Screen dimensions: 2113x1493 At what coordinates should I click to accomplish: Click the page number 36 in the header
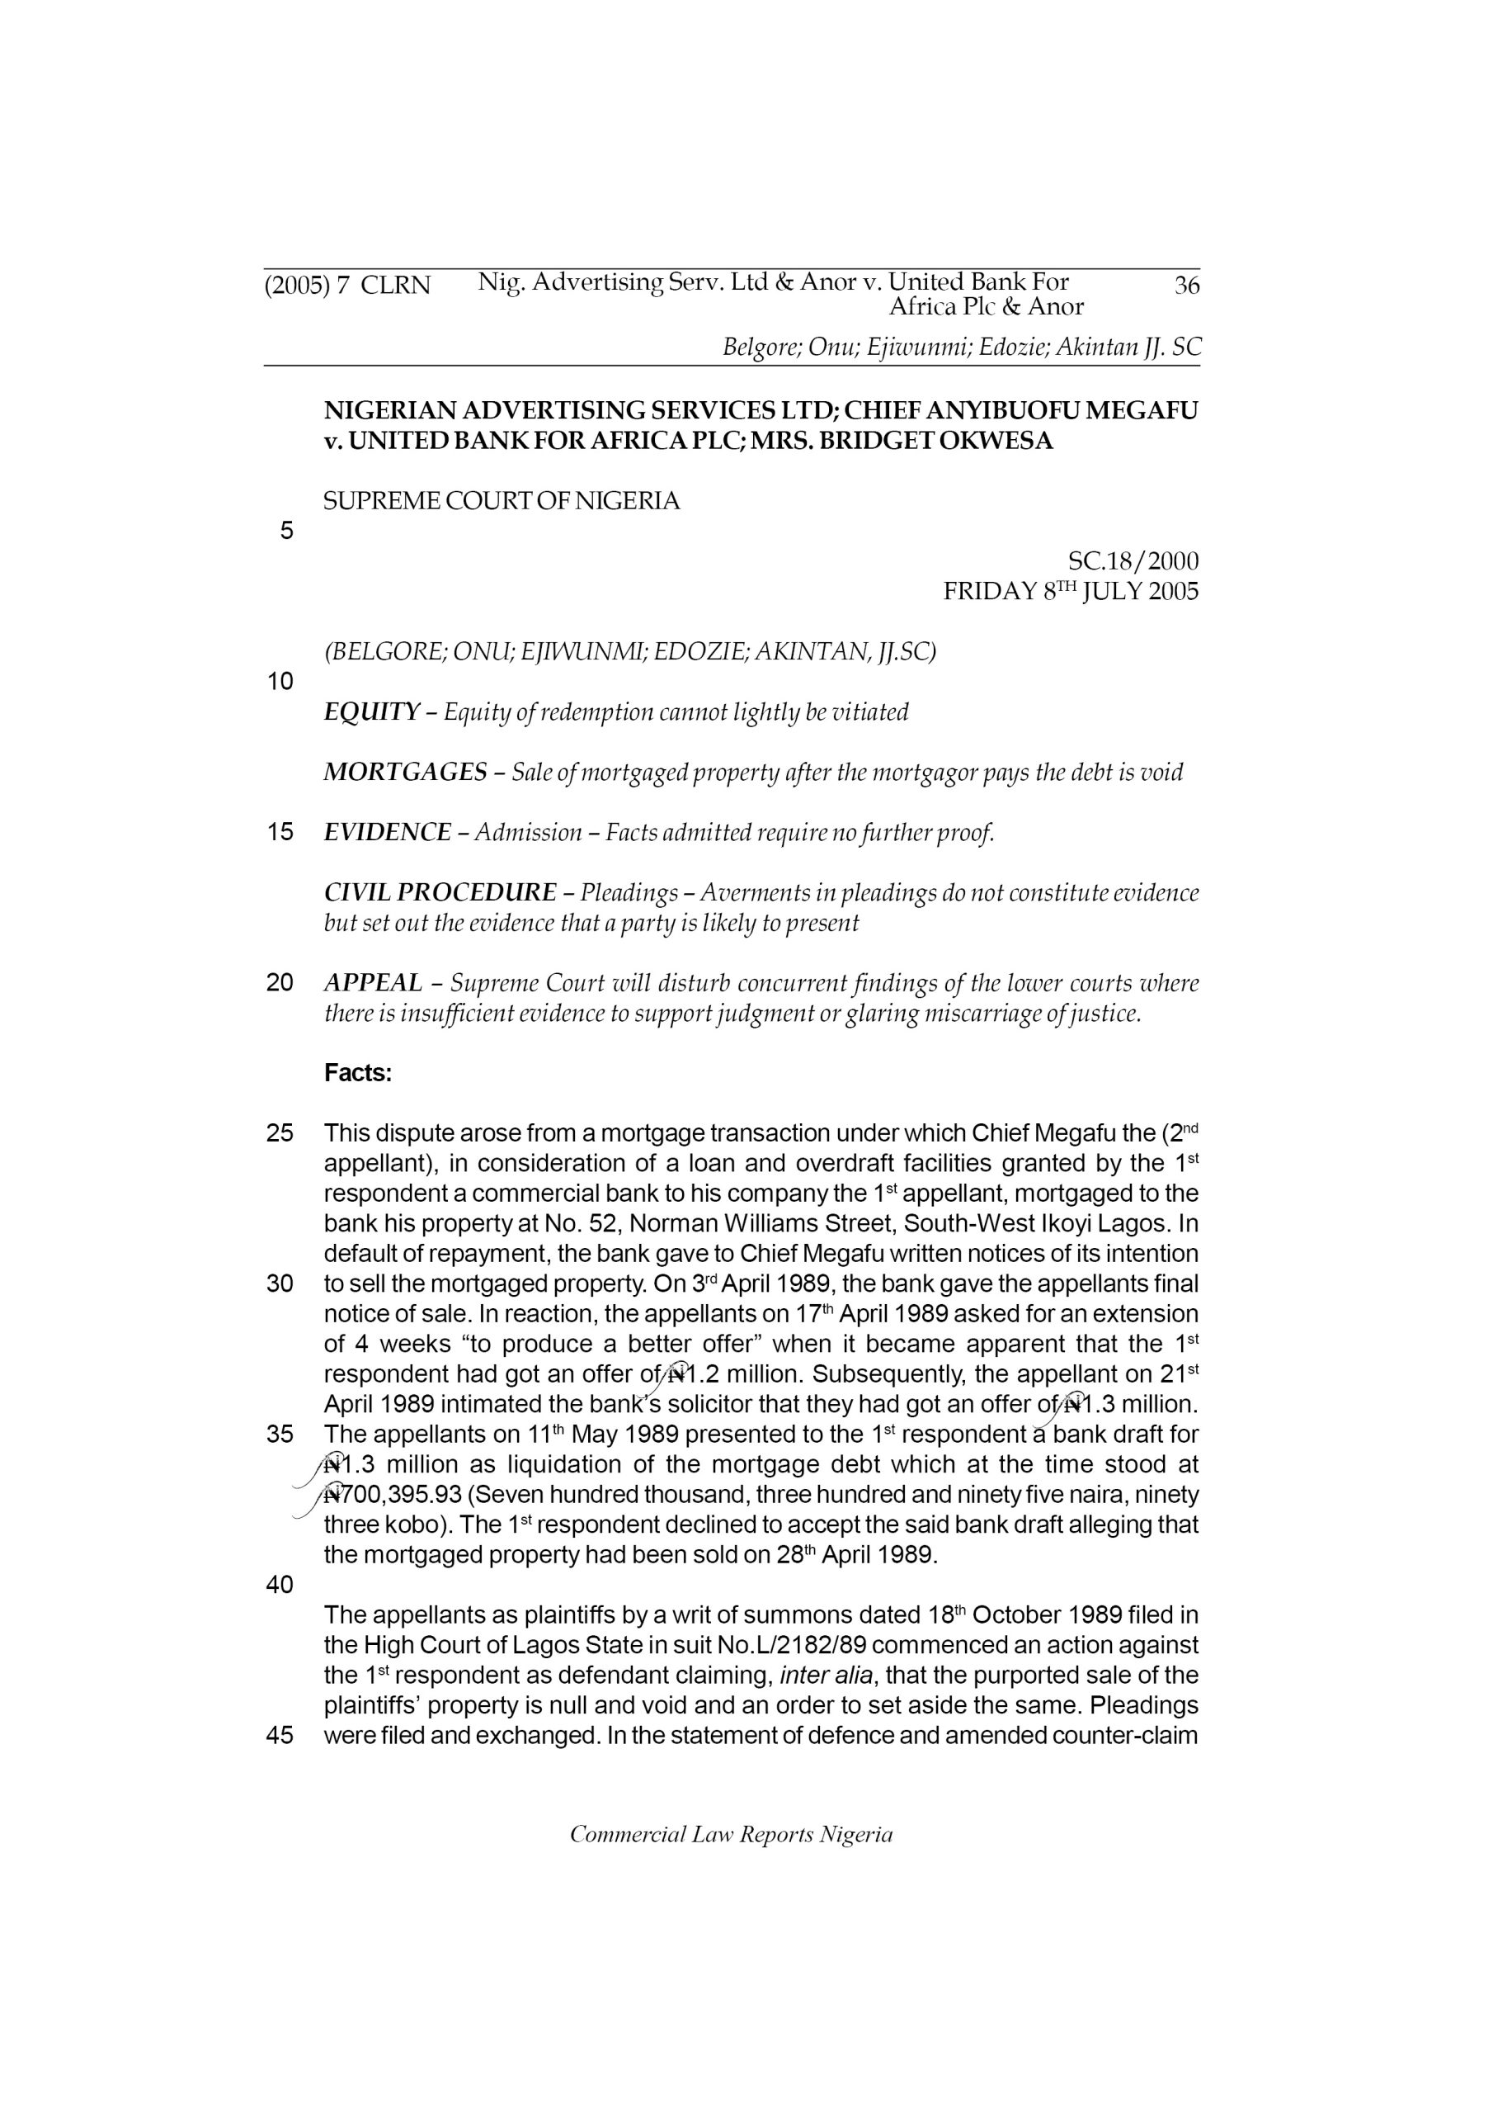tap(1187, 286)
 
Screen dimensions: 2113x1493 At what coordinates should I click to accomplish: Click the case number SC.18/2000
tap(1133, 560)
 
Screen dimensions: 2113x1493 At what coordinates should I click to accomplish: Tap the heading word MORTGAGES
tap(405, 772)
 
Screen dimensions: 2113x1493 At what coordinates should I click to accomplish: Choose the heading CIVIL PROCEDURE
tap(440, 893)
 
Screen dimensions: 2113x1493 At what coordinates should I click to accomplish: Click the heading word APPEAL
tap(373, 983)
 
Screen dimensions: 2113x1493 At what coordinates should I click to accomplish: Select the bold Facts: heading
tap(358, 1073)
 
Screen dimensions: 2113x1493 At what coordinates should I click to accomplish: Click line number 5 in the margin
tap(286, 531)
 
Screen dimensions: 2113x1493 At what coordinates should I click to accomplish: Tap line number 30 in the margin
tap(280, 1283)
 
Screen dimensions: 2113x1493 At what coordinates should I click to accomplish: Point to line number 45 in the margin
tap(280, 1736)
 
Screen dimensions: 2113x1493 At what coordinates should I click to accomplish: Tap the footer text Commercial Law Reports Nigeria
tap(732, 1834)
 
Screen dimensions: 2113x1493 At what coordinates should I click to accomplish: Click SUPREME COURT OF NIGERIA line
tap(502, 502)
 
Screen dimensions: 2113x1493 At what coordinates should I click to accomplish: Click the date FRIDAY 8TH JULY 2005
tap(1071, 591)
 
